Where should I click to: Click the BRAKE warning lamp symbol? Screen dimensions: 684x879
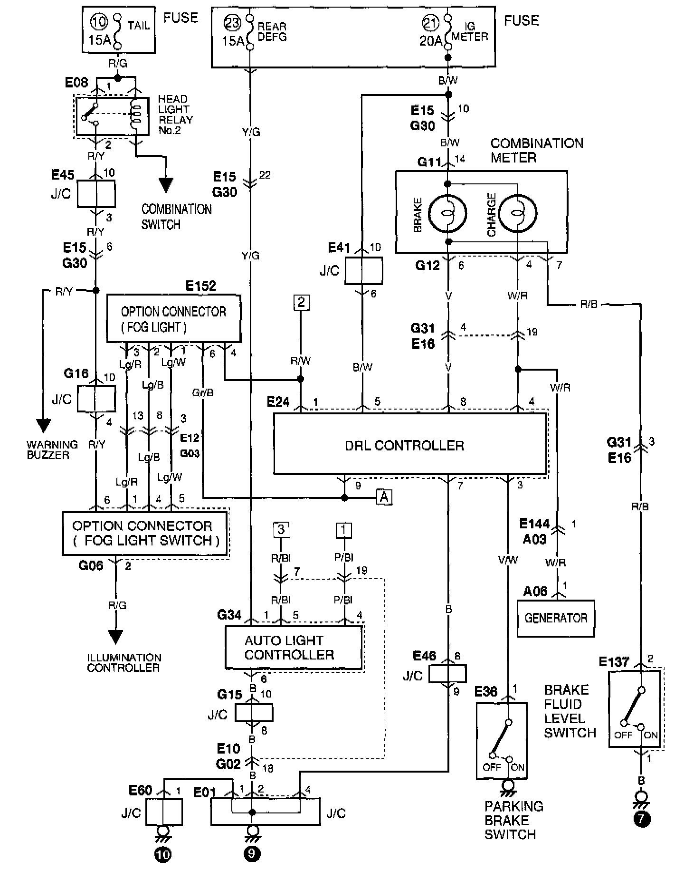tap(447, 213)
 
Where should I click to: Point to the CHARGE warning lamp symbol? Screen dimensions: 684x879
tap(518, 213)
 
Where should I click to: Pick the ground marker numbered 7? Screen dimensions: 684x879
tap(642, 820)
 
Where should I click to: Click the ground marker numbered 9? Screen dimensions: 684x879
tap(252, 854)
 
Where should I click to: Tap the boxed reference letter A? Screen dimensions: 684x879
tap(384, 497)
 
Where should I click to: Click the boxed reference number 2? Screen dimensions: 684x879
tap(301, 302)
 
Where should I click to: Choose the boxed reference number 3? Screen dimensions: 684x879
tap(281, 529)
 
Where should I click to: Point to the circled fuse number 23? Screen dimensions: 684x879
tap(234, 23)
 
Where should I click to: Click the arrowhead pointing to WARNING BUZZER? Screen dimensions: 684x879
tap(43, 424)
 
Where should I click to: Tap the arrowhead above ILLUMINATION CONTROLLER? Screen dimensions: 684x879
tap(115, 637)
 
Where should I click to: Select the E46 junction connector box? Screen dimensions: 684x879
tap(447, 674)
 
